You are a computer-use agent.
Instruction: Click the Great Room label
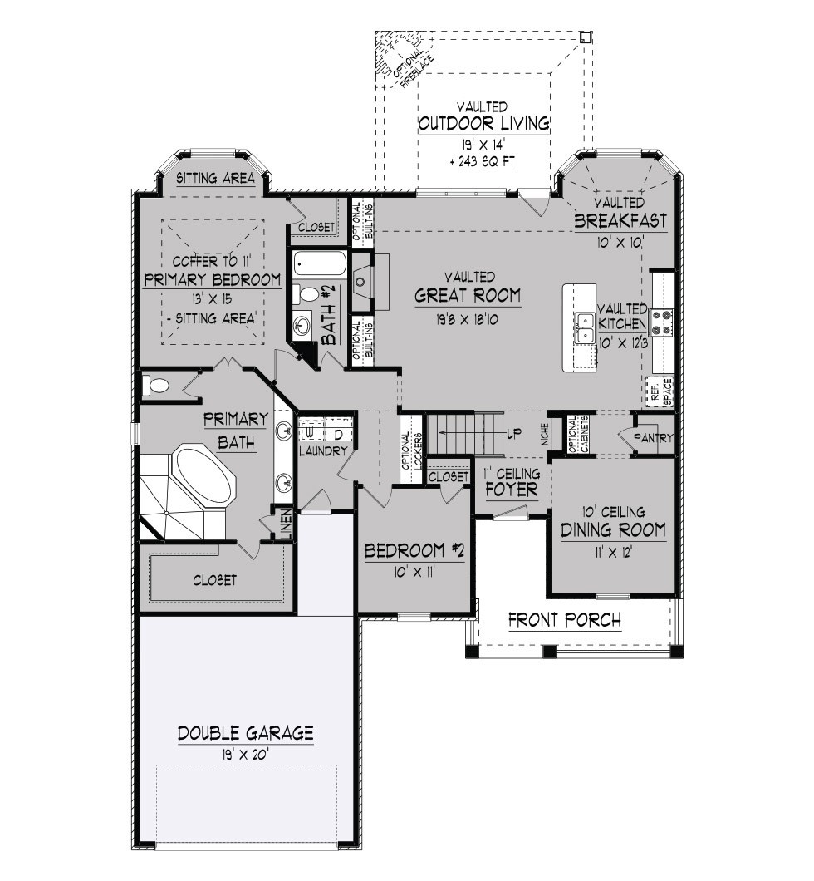(x=468, y=295)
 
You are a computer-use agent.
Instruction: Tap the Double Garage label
(x=245, y=733)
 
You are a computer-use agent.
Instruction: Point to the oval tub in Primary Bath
(x=204, y=475)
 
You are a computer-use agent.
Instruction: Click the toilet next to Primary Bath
(x=155, y=386)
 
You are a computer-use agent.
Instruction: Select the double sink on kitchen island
(x=584, y=327)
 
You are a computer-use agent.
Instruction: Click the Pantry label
(x=654, y=438)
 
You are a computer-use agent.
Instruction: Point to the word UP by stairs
(x=514, y=433)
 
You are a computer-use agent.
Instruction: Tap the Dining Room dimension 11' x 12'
(x=613, y=553)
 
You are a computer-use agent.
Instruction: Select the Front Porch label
(x=565, y=620)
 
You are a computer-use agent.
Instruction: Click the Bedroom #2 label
(x=414, y=551)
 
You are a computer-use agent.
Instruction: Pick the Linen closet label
(x=286, y=524)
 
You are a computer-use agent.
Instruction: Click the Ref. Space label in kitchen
(x=661, y=391)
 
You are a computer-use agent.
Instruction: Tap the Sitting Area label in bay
(x=216, y=179)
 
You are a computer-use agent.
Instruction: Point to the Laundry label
(x=323, y=450)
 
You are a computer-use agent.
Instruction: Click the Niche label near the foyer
(x=545, y=434)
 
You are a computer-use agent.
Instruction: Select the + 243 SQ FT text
(x=483, y=162)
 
